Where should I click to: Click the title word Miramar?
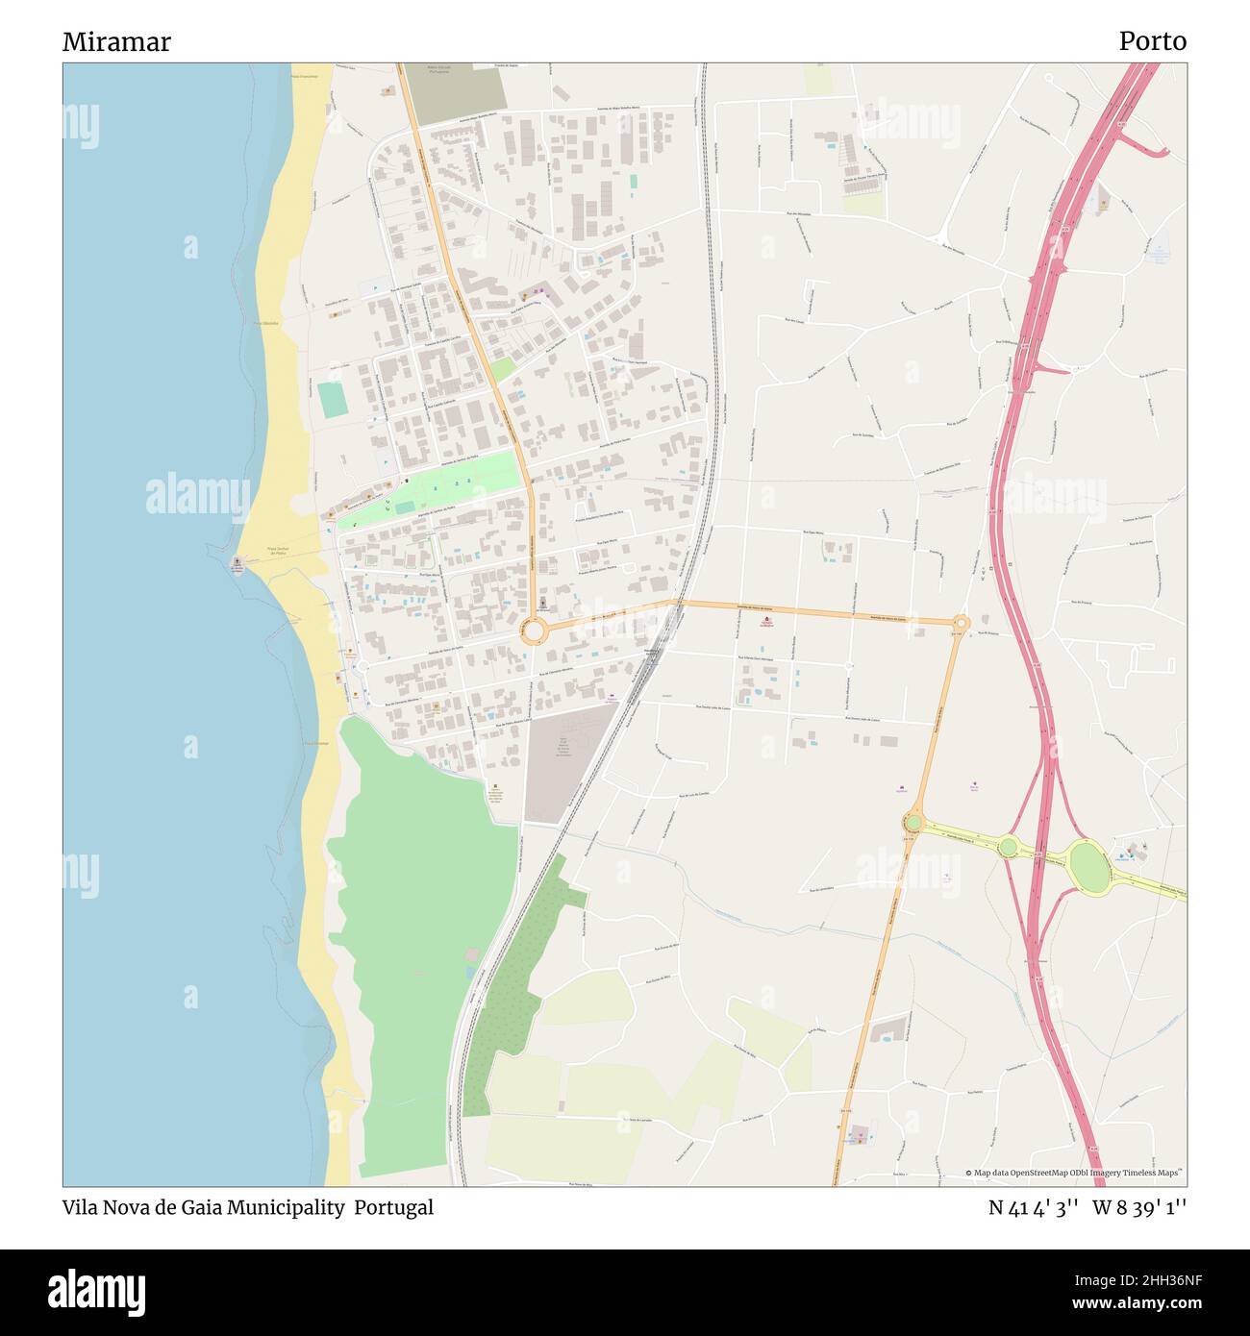(116, 41)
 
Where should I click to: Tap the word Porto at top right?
(1152, 41)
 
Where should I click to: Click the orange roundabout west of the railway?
(534, 632)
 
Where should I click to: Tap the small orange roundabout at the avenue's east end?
(962, 623)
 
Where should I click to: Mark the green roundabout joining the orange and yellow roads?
(912, 823)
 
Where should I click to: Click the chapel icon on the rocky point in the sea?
(237, 562)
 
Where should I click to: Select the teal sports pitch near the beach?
(332, 400)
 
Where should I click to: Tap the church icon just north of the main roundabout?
(542, 605)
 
